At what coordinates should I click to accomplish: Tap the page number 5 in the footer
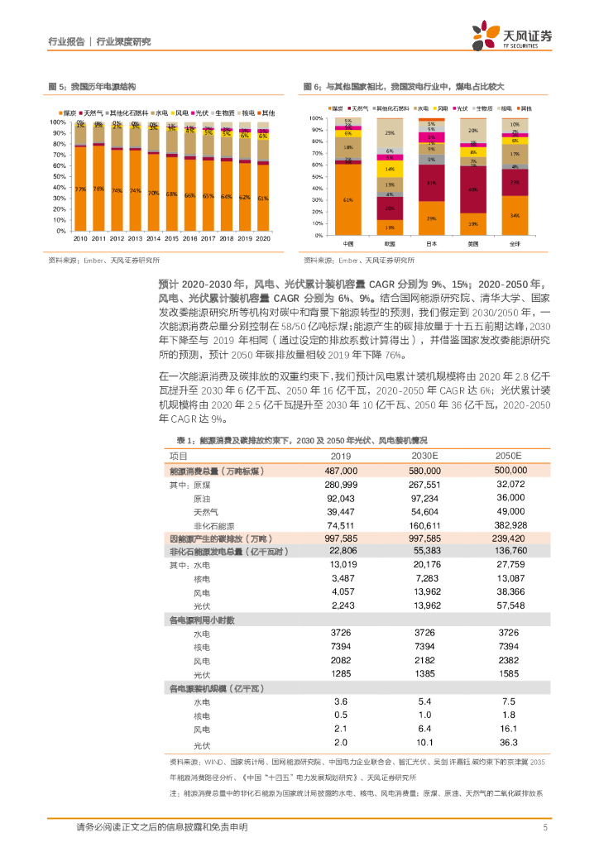(544, 827)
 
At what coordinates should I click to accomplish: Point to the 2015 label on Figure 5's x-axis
(172, 238)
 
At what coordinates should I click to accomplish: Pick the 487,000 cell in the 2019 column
(341, 470)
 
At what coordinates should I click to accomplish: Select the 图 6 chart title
(403, 86)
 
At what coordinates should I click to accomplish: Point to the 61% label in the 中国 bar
(348, 199)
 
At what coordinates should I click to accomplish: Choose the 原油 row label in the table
(202, 498)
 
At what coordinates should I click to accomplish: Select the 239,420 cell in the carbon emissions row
(510, 538)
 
